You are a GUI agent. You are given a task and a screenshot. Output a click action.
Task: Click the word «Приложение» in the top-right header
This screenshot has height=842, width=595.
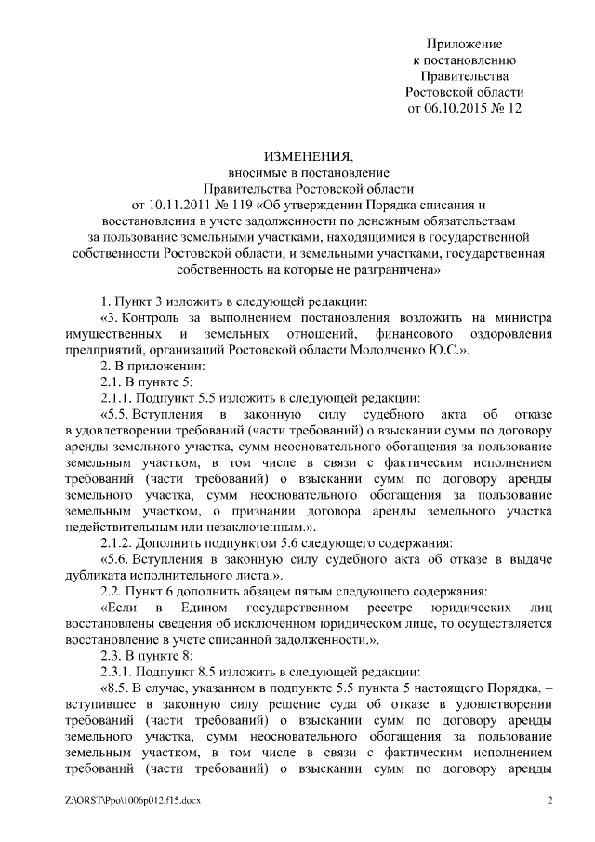464,44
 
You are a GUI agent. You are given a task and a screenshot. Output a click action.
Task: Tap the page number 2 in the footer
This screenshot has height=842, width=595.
549,800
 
